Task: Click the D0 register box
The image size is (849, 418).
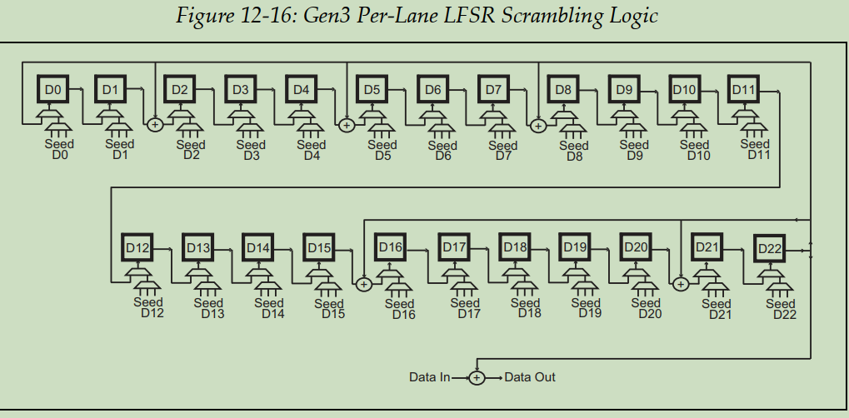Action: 52,88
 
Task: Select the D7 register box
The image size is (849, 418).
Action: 494,89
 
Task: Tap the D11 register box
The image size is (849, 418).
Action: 743,89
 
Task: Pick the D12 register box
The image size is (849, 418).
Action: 137,247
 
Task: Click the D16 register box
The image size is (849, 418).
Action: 390,247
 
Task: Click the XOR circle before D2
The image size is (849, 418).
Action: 154,125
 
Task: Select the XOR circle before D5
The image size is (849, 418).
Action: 347,125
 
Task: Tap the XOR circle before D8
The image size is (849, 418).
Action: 538,126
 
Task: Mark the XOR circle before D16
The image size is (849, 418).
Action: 363,284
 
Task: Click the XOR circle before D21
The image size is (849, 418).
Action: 680,284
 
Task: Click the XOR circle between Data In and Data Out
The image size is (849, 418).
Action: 477,377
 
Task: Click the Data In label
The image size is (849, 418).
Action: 429,377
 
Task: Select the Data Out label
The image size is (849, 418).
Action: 531,377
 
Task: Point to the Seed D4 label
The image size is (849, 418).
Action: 312,150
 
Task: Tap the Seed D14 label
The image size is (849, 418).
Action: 269,308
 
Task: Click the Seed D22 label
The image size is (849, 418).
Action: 781,309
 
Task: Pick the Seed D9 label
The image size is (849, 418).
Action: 634,150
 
